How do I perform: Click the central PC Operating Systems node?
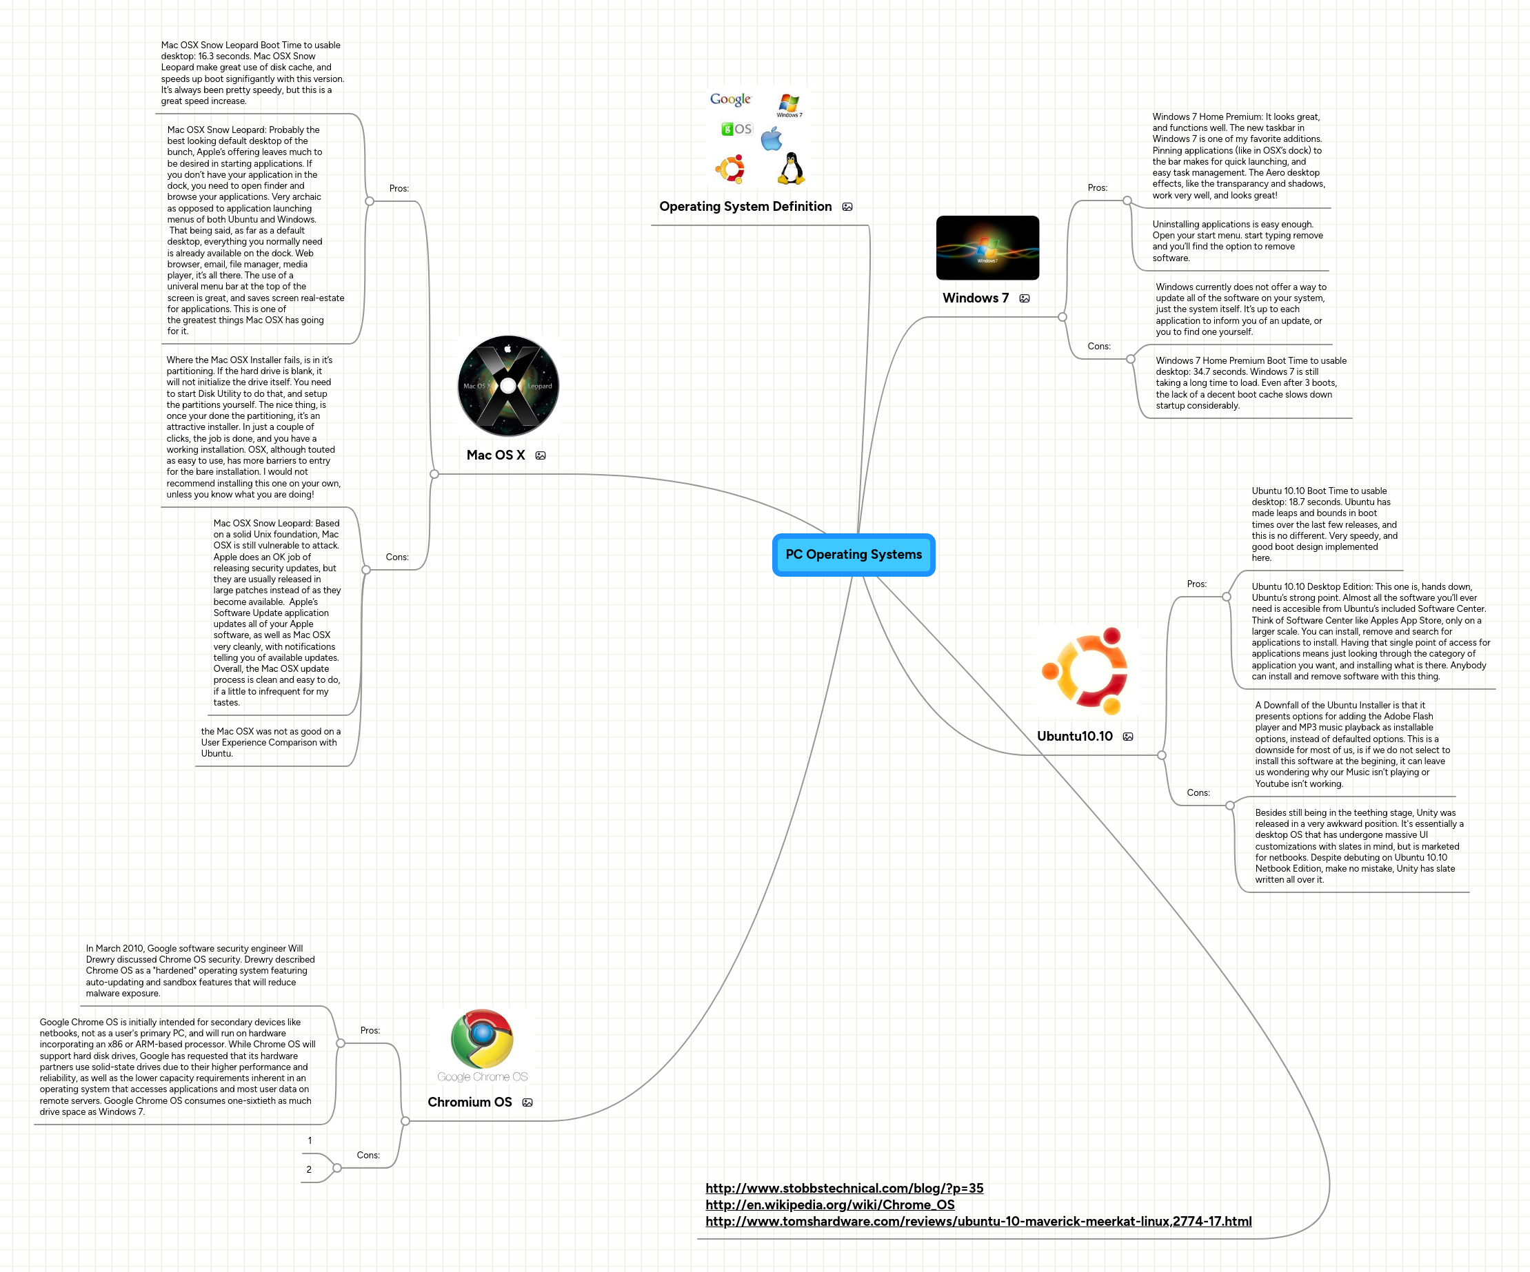(x=853, y=555)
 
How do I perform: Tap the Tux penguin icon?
(x=790, y=168)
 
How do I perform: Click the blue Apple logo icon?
(x=772, y=139)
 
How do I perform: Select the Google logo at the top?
(x=730, y=99)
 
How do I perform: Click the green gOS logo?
(x=736, y=129)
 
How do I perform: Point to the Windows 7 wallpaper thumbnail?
(x=987, y=247)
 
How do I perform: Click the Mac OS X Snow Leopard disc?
(x=507, y=386)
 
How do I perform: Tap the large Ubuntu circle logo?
(x=1085, y=670)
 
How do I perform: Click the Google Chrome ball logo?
(x=481, y=1039)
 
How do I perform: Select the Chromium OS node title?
(x=469, y=1102)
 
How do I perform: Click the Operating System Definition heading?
(x=745, y=207)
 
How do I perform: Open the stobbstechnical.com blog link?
(x=844, y=1188)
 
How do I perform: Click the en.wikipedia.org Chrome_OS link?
(x=829, y=1205)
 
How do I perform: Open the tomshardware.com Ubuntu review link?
(x=978, y=1222)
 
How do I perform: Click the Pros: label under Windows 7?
(x=1097, y=188)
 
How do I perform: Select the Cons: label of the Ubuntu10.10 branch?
(x=1198, y=793)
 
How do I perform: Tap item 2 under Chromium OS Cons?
(x=309, y=1169)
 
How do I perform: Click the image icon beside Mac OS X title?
(x=541, y=455)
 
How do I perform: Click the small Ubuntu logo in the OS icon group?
(x=730, y=169)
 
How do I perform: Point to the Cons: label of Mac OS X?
(x=397, y=557)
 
